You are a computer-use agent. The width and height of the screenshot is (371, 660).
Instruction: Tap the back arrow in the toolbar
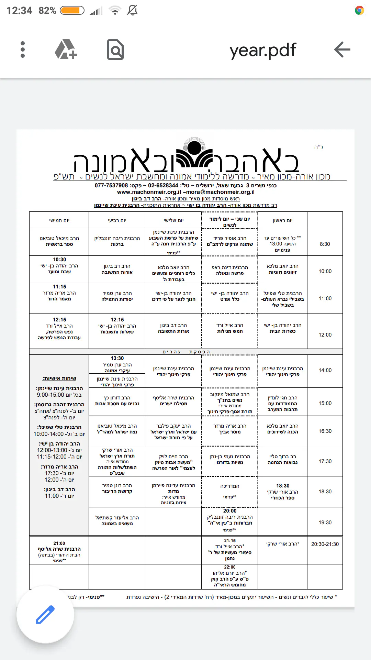point(342,50)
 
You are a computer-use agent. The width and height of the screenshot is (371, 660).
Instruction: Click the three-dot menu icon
point(23,50)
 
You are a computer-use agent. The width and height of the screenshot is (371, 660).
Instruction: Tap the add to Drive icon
point(66,50)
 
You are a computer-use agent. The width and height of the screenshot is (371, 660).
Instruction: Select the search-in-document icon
point(115,50)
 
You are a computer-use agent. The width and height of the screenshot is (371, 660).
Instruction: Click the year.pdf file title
point(263,50)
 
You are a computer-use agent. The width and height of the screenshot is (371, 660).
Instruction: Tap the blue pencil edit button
point(45,614)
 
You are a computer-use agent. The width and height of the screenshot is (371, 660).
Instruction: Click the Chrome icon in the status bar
point(359,11)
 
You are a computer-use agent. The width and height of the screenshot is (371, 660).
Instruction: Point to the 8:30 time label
point(325,244)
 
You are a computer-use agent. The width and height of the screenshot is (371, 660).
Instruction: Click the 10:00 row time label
point(325,271)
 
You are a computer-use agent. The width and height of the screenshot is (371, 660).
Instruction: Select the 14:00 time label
point(325,370)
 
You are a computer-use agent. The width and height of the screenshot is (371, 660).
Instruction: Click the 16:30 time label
point(325,431)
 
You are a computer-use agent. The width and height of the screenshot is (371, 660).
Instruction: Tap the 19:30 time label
point(325,522)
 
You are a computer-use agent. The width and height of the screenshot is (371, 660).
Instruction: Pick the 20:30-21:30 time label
point(325,544)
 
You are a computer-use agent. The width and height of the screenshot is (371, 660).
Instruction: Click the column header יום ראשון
point(283,220)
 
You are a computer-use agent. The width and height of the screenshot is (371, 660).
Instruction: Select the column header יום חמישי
point(59,220)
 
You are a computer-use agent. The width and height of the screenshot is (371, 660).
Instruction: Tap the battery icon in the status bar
point(72,11)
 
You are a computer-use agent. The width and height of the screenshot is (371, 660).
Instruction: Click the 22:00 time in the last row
point(230,567)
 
